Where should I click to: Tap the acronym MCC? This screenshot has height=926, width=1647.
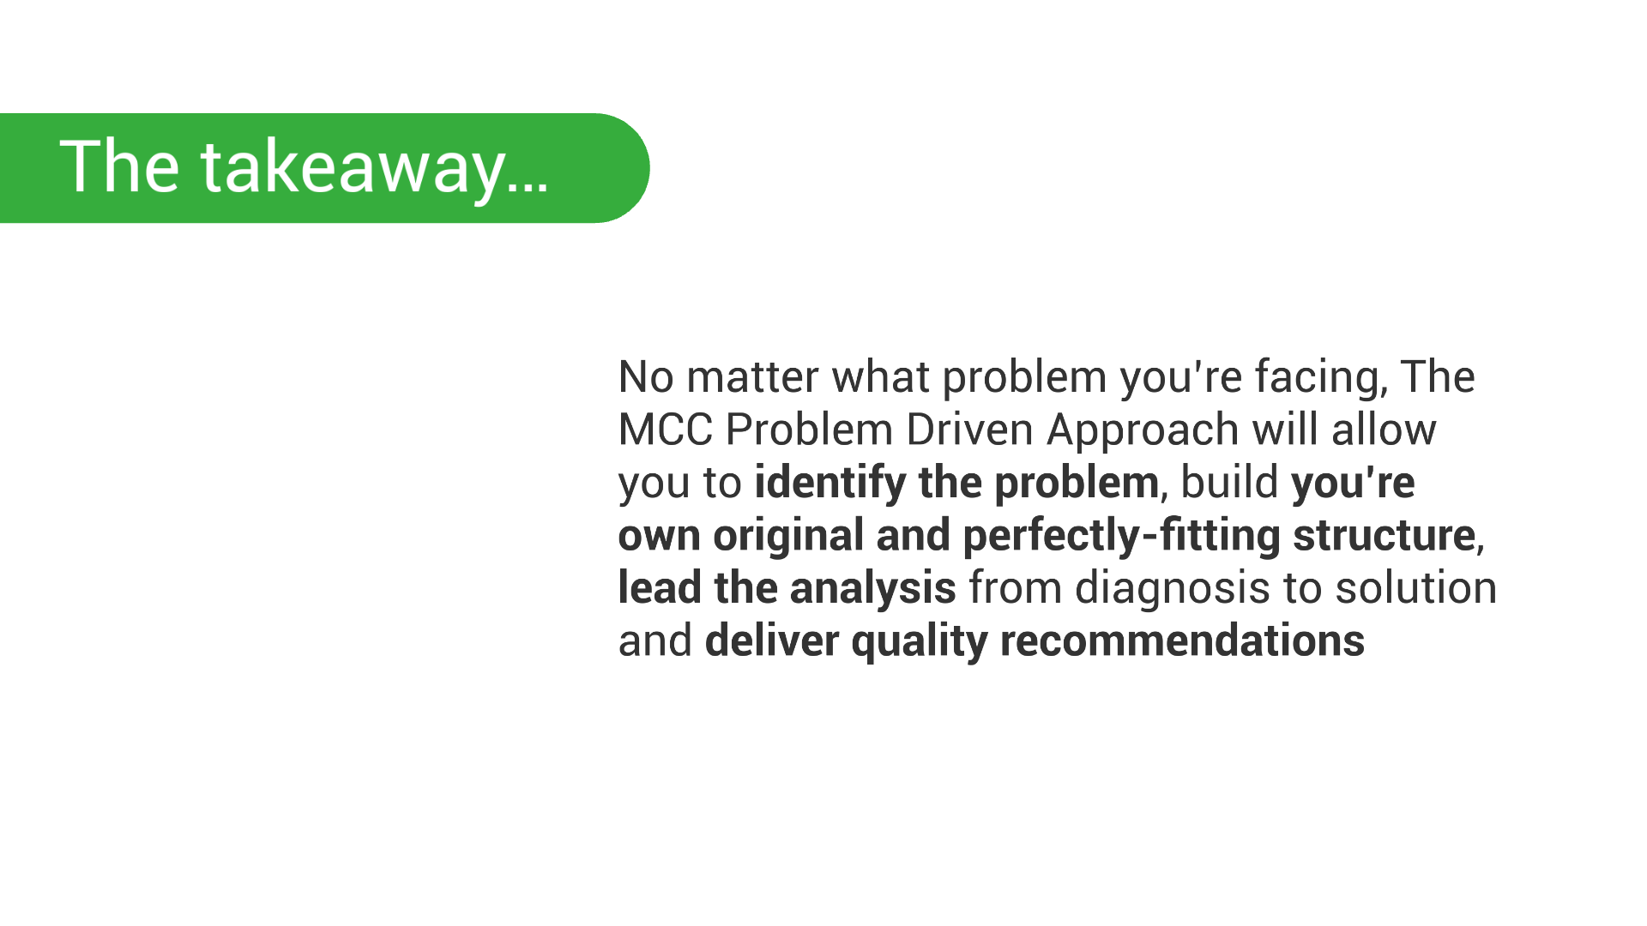[666, 430]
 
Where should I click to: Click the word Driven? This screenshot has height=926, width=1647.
[969, 430]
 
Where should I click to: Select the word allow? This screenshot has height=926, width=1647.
[1384, 430]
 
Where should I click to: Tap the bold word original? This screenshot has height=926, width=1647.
[788, 536]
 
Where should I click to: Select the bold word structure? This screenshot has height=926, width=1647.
[1384, 536]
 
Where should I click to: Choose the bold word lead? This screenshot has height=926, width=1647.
[660, 588]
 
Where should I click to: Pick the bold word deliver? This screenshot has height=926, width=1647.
[772, 641]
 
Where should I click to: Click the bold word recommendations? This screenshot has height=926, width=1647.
[1182, 641]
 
